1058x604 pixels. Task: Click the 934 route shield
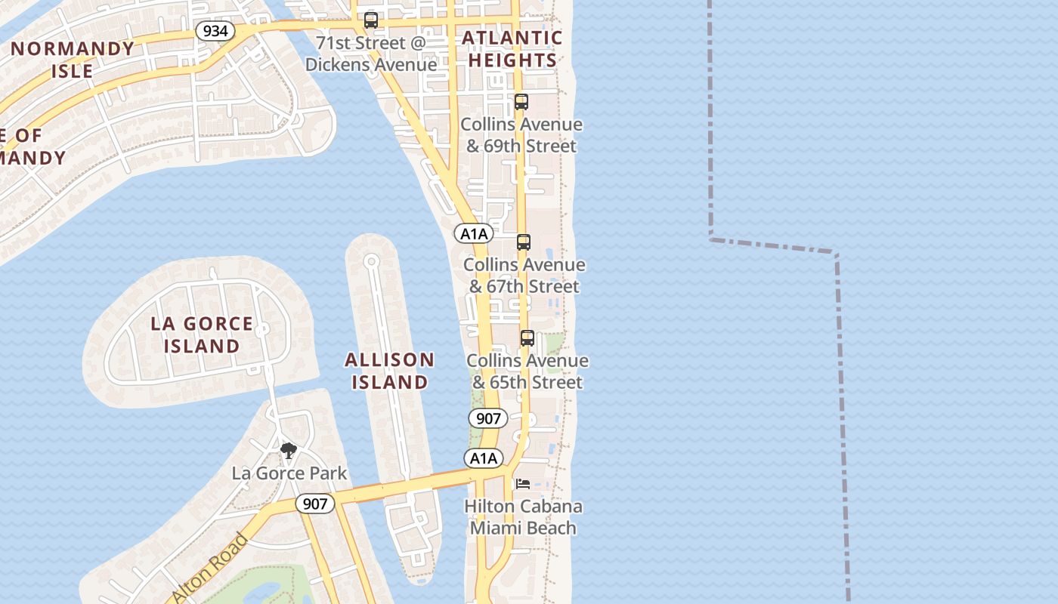click(x=215, y=31)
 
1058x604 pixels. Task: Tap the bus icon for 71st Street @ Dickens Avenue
click(x=370, y=20)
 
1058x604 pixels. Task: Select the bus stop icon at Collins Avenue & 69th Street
click(x=521, y=102)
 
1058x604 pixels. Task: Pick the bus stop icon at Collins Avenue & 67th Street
click(x=523, y=242)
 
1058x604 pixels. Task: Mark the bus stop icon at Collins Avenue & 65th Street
click(x=527, y=338)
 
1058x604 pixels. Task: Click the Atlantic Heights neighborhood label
click(x=512, y=49)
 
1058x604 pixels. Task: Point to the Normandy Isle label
click(x=73, y=60)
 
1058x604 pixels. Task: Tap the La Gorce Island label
click(x=202, y=334)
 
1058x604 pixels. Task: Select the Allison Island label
click(x=389, y=371)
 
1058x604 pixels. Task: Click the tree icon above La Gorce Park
click(x=288, y=451)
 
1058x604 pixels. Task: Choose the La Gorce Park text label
click(x=289, y=473)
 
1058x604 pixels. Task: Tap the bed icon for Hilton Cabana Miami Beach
click(x=522, y=483)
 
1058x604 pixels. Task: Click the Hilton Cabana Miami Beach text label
click(x=523, y=516)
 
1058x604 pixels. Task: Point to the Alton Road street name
click(x=209, y=568)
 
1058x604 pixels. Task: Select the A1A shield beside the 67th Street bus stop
click(x=474, y=234)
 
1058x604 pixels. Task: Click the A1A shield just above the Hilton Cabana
click(x=483, y=458)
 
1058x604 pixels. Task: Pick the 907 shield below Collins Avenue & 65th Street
click(x=487, y=418)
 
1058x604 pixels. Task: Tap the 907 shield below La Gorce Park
click(x=314, y=504)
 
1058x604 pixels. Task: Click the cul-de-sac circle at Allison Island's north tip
click(x=371, y=261)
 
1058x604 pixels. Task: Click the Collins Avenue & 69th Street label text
click(x=521, y=134)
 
